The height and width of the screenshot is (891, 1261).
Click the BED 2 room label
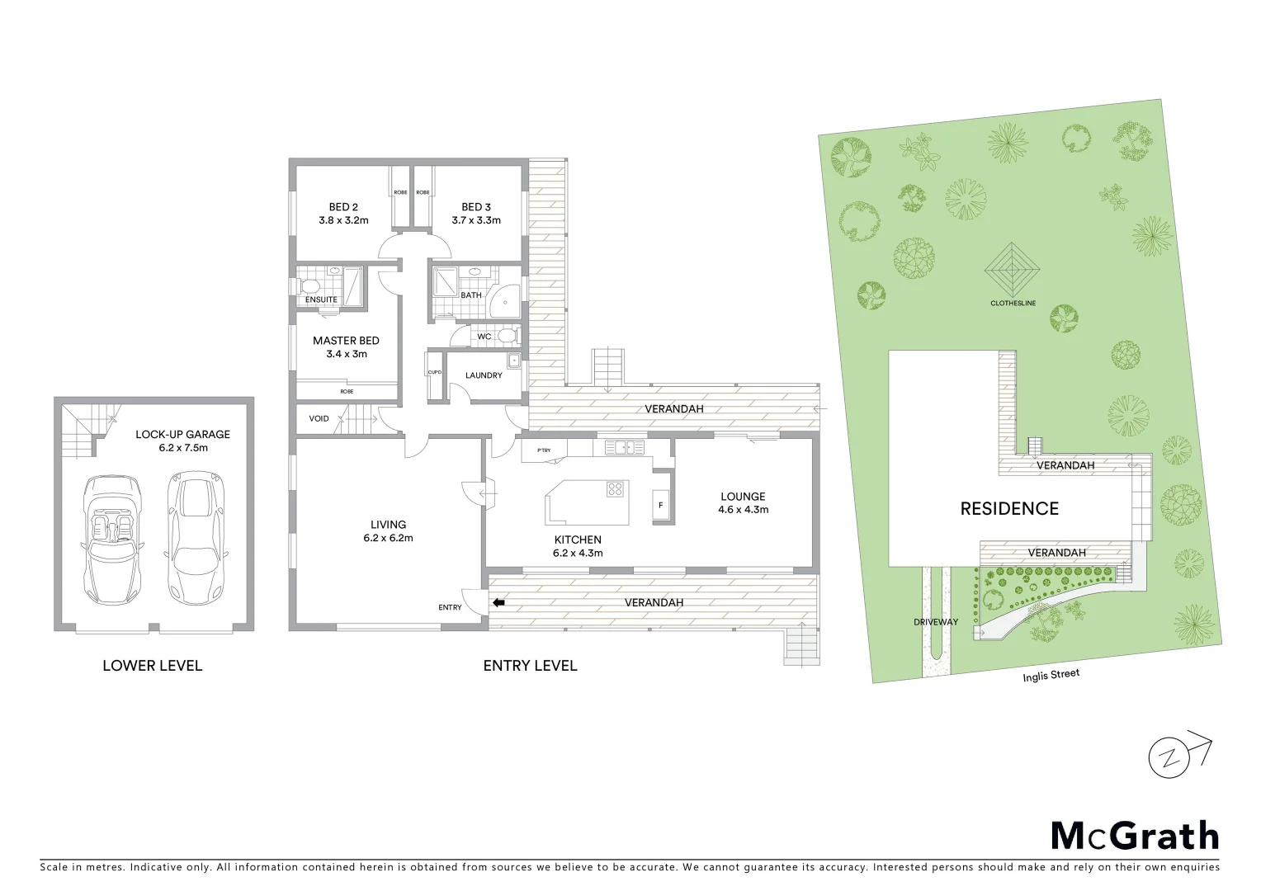(343, 207)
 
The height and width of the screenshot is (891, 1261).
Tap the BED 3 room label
(476, 207)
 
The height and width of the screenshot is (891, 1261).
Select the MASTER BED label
(346, 341)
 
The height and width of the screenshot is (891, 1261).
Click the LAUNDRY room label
(484, 375)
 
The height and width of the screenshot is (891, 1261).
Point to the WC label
(484, 337)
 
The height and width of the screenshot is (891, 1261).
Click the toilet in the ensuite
(309, 285)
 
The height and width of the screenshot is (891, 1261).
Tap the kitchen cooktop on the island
(615, 488)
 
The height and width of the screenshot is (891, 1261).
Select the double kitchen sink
(624, 447)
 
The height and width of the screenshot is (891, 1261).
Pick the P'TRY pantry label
(543, 450)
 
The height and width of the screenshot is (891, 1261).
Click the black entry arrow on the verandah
(498, 603)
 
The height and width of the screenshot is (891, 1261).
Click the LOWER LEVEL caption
(152, 666)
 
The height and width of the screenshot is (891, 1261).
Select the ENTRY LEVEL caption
(530, 666)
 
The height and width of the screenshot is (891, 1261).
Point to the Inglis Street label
(1051, 676)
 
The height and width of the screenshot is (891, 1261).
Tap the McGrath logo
(1135, 835)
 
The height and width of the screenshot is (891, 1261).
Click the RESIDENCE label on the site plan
(1008, 509)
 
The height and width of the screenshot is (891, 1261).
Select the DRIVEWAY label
(935, 621)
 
